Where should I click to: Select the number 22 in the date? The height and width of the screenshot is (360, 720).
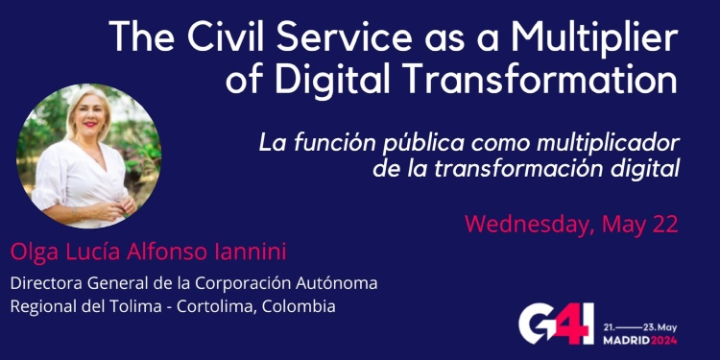click(664, 225)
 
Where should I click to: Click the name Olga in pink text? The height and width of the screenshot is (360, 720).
click(32, 252)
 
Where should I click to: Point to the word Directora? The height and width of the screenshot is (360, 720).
click(42, 283)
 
